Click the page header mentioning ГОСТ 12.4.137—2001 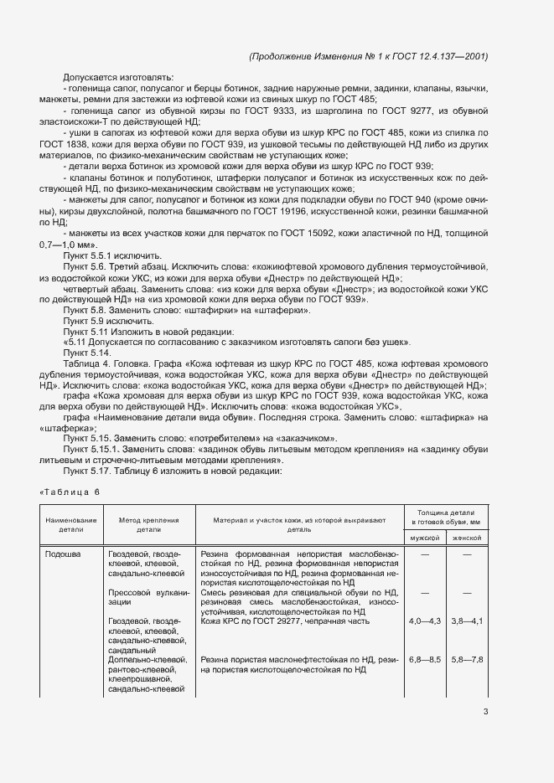(x=368, y=56)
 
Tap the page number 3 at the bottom (x=485, y=713)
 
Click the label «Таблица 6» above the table (x=69, y=491)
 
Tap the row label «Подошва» (x=64, y=554)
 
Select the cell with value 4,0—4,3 (x=423, y=621)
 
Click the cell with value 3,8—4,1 (x=467, y=621)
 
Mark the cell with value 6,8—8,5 (x=423, y=660)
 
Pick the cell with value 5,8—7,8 (x=467, y=660)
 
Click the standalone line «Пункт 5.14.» (x=87, y=353)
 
